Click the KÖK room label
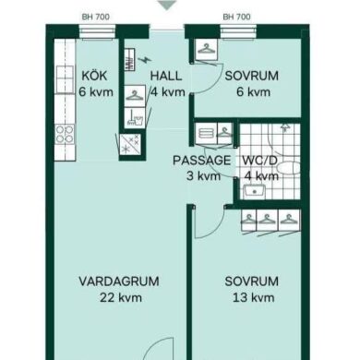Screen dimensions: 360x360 (94, 76)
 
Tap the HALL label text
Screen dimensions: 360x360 (166, 76)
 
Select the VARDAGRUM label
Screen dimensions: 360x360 (119, 282)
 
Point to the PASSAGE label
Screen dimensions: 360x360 (201, 161)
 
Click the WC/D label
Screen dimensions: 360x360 (260, 161)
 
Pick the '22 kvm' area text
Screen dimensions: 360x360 (121, 297)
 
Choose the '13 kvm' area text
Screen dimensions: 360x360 (253, 297)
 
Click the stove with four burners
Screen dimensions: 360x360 (65, 135)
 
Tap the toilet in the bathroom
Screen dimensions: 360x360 (289, 169)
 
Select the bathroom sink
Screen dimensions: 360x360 (255, 192)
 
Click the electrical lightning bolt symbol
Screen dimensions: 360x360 (144, 60)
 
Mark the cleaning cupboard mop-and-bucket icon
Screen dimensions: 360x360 (135, 117)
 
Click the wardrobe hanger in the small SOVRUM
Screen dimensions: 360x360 (206, 48)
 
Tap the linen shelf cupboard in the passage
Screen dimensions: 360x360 (205, 133)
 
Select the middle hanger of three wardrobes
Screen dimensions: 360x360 (267, 220)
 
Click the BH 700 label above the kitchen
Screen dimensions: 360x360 (96, 17)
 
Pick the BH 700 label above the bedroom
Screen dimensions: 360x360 (236, 17)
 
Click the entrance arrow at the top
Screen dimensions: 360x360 (166, 5)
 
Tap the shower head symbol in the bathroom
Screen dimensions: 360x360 (285, 127)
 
